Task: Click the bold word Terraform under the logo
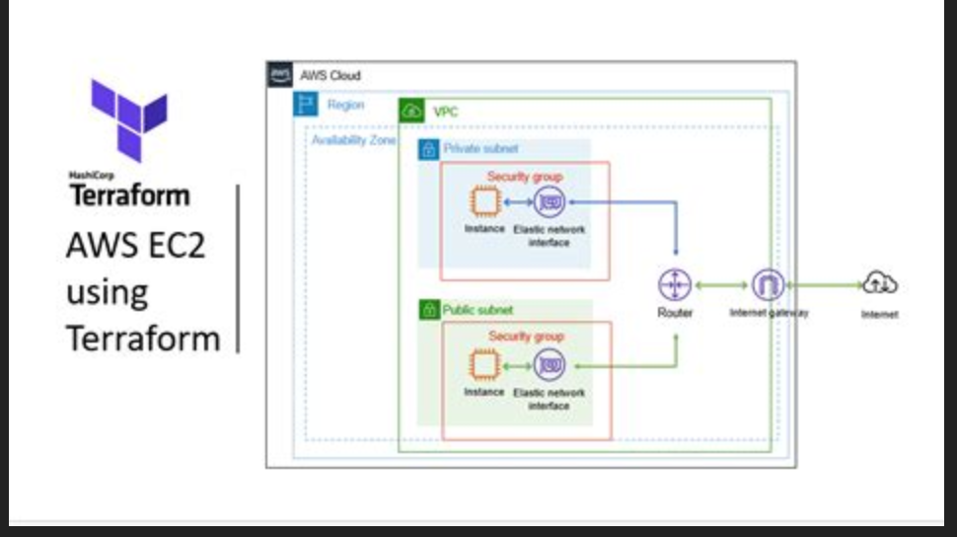(x=129, y=194)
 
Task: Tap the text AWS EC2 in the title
(x=135, y=245)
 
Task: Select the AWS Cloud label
(x=331, y=76)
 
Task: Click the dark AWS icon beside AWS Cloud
(x=280, y=75)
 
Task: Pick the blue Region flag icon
(x=306, y=105)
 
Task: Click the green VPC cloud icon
(x=410, y=112)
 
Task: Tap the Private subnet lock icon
(x=428, y=149)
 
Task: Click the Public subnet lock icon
(x=428, y=310)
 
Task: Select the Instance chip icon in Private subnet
(x=483, y=202)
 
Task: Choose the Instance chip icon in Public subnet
(x=483, y=365)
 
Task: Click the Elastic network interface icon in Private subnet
(x=549, y=202)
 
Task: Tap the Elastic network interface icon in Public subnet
(x=549, y=365)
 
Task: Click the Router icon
(x=676, y=285)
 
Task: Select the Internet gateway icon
(x=768, y=285)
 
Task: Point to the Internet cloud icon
(x=879, y=284)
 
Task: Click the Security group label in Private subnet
(x=525, y=177)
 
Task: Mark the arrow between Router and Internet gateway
(x=721, y=285)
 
